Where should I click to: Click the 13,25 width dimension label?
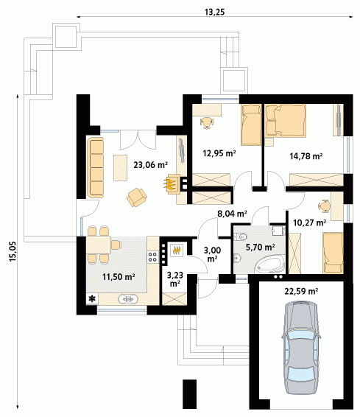coord(214,12)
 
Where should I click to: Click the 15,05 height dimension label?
coord(13,251)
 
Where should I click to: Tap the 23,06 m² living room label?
coord(150,165)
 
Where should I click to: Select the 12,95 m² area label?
coord(219,153)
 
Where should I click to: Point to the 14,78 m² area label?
coord(306,156)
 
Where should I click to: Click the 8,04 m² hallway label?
coord(232,213)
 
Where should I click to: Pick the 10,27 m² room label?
coord(310,222)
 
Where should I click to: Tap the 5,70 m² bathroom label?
coord(260,248)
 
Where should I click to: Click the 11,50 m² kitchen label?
coord(119,277)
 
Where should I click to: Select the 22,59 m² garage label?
coord(302,292)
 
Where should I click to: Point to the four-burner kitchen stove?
coord(152,256)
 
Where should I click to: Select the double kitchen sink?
coord(128,299)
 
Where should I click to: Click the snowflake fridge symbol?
coord(92,299)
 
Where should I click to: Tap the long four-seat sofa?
coord(96,167)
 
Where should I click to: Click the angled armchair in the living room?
coord(136,197)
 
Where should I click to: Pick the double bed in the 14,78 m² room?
coord(286,120)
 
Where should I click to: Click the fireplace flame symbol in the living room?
coord(169,184)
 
